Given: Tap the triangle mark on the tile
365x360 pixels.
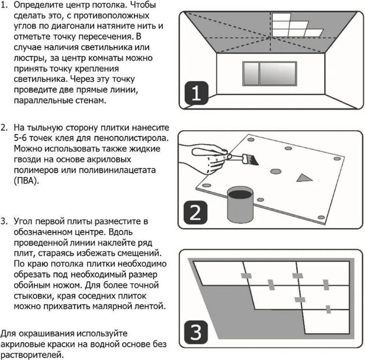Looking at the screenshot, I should coord(302,178).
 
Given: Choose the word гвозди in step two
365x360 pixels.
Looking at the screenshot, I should coord(30,159).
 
